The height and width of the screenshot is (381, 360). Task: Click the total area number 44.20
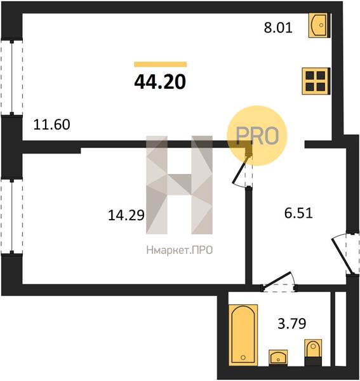pos(160,82)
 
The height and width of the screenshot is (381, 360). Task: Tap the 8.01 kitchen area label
pos(278,27)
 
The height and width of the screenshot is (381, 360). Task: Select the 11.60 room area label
pos(51,124)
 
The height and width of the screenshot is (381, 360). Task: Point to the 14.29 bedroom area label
pos(126,215)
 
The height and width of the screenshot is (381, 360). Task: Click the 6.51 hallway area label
pos(298,213)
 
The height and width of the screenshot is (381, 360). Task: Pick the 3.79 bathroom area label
pos(291,323)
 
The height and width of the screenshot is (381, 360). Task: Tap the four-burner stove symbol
pos(316,81)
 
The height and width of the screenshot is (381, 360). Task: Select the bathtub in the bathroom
pos(243,335)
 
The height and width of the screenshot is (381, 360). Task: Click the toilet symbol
pos(313,352)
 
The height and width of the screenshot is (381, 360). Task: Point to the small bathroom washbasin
pos(278,358)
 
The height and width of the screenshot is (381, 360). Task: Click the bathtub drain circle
pos(243,357)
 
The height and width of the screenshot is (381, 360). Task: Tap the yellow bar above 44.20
pos(161,64)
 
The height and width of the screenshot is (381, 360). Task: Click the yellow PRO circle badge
pos(257,136)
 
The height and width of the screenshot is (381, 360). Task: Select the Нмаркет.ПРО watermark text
pos(180,250)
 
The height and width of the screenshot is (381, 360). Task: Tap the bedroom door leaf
pos(241,170)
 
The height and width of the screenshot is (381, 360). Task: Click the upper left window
pos(12,77)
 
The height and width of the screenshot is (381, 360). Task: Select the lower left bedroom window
pos(12,217)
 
